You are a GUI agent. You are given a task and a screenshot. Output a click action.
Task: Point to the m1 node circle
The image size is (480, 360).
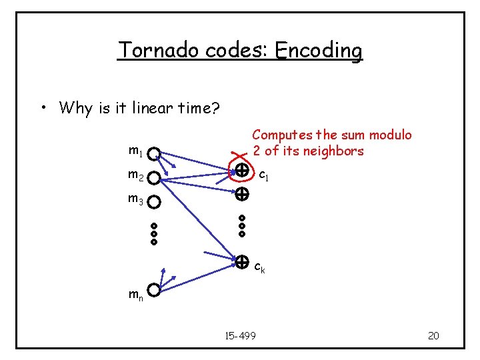click(x=154, y=155)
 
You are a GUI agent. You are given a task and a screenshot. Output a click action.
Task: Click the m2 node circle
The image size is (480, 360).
click(x=154, y=179)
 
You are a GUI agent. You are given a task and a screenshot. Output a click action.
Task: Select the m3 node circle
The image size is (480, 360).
click(x=154, y=201)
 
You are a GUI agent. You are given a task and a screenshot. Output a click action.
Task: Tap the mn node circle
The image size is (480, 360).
click(x=154, y=291)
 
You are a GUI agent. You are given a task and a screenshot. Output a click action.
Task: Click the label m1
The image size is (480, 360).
click(x=135, y=152)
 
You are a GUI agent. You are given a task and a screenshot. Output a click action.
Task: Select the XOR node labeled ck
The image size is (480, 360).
click(x=241, y=261)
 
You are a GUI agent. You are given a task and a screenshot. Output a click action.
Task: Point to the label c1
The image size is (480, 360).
click(x=264, y=176)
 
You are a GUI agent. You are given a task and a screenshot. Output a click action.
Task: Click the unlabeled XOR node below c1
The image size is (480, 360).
click(x=241, y=195)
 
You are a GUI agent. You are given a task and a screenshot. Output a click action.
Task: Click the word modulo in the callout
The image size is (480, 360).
click(x=389, y=135)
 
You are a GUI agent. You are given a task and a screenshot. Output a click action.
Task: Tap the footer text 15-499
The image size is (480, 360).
click(x=241, y=335)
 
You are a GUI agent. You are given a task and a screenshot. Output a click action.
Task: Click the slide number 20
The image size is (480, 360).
click(x=433, y=335)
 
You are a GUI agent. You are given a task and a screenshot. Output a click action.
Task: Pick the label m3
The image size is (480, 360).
click(x=135, y=199)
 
